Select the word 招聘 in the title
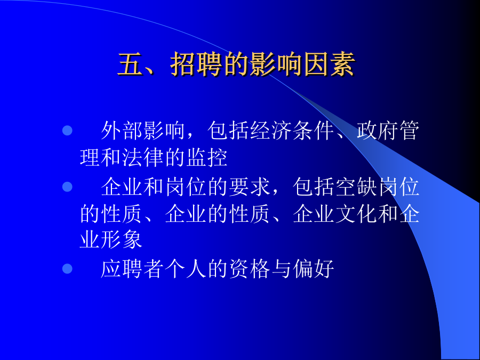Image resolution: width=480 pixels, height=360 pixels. click(x=196, y=65)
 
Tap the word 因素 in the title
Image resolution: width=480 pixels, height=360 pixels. click(x=329, y=65)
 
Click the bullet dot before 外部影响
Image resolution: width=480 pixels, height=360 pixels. click(x=67, y=131)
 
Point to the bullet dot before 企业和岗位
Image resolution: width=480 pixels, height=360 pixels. click(x=67, y=187)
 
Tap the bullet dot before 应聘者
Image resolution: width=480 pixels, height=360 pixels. click(x=67, y=268)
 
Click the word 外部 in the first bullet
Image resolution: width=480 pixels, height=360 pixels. click(x=122, y=131)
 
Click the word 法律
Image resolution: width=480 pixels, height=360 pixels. click(x=143, y=158)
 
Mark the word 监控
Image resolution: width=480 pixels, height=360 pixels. click(x=207, y=158)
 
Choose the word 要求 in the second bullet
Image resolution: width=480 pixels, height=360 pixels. click(x=250, y=187)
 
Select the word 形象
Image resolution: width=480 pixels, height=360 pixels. click(x=122, y=239)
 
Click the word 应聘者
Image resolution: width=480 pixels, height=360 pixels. click(x=133, y=268)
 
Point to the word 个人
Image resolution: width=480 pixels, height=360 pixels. click(x=186, y=268)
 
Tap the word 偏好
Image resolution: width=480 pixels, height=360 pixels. click(x=314, y=268)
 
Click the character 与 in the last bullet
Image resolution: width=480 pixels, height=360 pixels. click(x=281, y=268)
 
